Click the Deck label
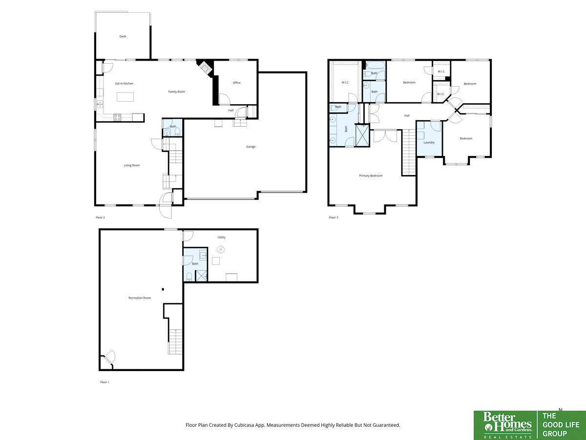point(123,36)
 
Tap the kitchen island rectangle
point(125,97)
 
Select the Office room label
point(236,83)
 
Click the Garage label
point(251,147)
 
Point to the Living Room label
point(132,165)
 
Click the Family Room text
point(176,91)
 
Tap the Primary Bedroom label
point(371,176)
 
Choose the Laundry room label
point(429,142)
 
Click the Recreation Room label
point(140,298)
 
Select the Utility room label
point(221,237)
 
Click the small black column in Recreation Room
point(163,289)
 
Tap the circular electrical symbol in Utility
point(221,249)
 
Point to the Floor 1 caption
point(105,382)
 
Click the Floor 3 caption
point(334,218)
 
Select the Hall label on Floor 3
point(407,116)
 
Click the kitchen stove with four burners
point(118,117)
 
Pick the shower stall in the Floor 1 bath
point(202,276)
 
